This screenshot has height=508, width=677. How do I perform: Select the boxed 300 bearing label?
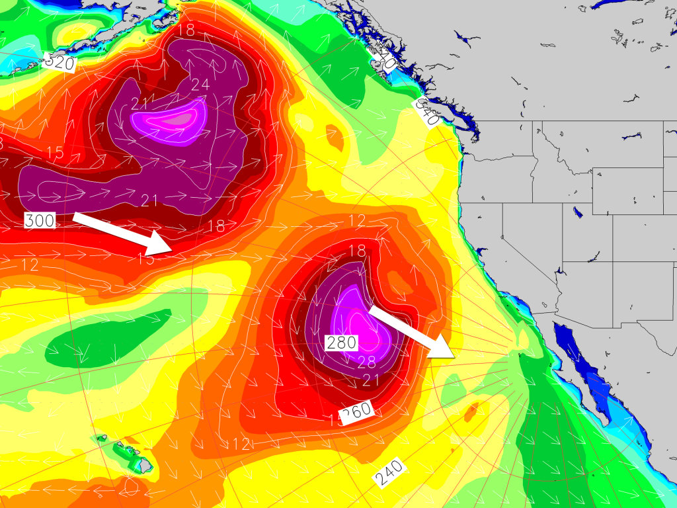[x=40, y=220]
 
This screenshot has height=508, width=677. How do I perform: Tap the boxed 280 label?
[x=341, y=343]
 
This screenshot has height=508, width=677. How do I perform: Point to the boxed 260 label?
[x=357, y=412]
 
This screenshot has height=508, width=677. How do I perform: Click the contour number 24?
[x=200, y=85]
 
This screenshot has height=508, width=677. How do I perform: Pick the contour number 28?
[x=366, y=361]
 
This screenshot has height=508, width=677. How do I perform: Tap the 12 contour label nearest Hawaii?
[x=242, y=444]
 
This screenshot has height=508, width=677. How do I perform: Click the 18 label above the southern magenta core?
[x=357, y=251]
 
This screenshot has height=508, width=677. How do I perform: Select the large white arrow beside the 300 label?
[x=123, y=233]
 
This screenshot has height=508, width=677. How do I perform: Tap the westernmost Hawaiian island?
[x=100, y=438]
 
